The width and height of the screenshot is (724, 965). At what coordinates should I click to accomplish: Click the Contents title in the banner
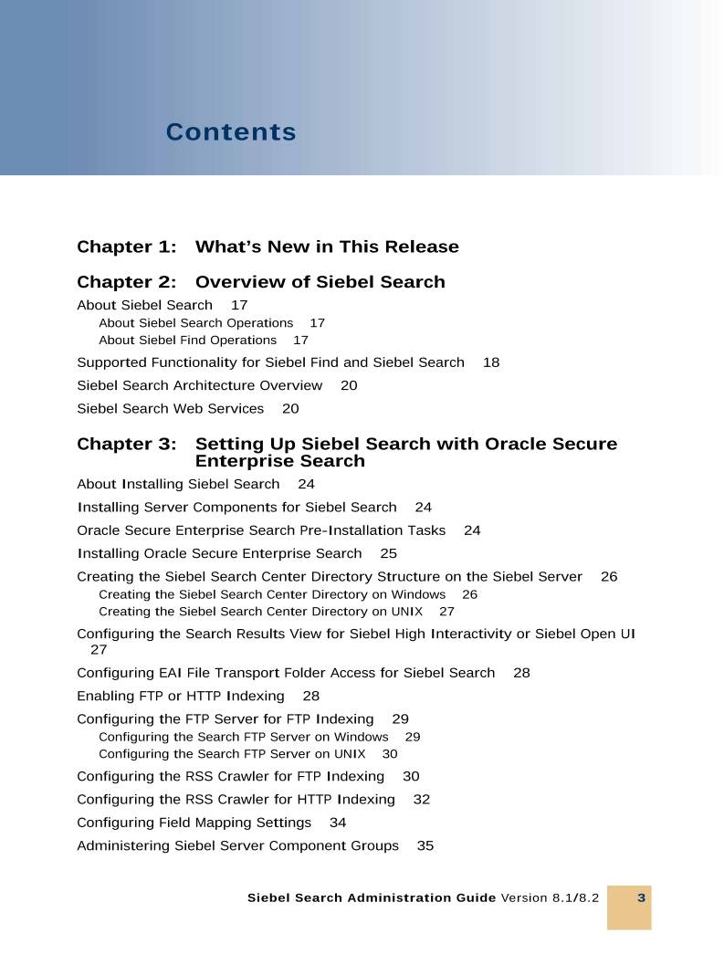[231, 132]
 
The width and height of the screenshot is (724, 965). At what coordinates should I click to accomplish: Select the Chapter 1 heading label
[127, 246]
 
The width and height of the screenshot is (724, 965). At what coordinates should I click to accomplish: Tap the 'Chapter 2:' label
[127, 282]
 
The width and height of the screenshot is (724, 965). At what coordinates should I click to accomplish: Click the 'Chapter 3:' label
[127, 445]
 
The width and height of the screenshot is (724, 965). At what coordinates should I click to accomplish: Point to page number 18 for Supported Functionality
[491, 362]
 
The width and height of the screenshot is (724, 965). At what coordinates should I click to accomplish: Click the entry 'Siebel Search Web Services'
[170, 409]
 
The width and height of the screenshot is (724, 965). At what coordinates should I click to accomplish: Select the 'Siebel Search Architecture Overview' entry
[199, 385]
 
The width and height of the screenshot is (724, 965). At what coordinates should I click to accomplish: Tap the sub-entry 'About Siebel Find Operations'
[187, 341]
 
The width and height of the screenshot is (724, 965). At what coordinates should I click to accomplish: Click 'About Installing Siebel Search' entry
[178, 484]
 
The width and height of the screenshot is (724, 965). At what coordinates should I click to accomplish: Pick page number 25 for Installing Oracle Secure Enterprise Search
[389, 553]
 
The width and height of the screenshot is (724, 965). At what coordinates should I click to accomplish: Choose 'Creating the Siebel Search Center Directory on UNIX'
[260, 612]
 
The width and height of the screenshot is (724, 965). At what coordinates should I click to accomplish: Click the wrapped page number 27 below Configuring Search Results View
[99, 650]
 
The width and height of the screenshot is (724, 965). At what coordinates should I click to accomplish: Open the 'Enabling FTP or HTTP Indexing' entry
[181, 696]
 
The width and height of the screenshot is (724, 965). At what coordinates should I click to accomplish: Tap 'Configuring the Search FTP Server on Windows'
[243, 737]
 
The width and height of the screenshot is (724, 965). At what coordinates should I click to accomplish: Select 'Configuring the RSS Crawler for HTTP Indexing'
[236, 799]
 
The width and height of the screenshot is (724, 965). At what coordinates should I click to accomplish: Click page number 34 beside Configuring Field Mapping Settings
[338, 823]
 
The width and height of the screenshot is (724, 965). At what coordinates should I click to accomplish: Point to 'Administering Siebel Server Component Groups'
[237, 845]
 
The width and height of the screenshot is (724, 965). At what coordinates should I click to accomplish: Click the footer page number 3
[641, 898]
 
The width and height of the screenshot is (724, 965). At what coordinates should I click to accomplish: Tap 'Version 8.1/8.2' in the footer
[550, 898]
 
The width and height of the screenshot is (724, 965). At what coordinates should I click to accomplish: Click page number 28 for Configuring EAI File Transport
[521, 673]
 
